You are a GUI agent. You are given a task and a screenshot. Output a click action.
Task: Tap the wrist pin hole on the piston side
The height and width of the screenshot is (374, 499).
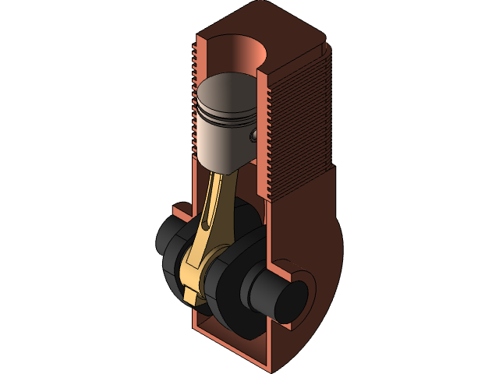click(254, 136)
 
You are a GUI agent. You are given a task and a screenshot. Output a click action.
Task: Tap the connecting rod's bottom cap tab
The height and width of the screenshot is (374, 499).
click(190, 293)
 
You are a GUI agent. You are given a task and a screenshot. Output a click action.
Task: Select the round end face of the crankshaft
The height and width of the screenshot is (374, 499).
click(287, 299)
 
